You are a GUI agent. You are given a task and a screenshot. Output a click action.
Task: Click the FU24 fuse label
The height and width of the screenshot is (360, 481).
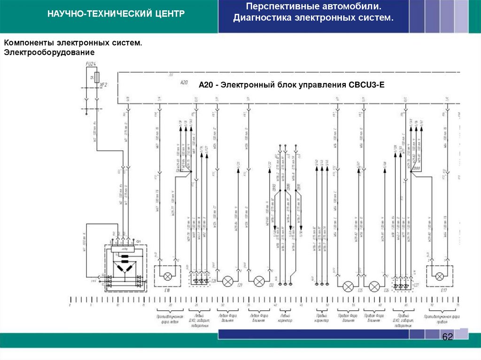(91, 63)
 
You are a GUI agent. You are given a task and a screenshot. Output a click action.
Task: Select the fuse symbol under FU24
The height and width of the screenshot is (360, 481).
(96, 77)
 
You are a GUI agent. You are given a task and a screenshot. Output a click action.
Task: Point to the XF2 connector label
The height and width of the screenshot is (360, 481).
(104, 85)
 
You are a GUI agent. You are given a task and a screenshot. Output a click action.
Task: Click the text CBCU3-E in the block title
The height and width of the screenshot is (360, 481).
(366, 85)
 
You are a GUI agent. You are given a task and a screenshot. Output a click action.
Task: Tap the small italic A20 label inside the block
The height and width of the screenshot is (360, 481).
(184, 83)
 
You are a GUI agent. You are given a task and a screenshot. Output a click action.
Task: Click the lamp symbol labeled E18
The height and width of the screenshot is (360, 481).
(167, 276)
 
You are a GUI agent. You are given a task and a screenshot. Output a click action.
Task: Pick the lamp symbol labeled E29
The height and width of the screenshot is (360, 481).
(227, 281)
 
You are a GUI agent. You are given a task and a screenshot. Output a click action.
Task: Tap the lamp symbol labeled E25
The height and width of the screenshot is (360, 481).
(348, 286)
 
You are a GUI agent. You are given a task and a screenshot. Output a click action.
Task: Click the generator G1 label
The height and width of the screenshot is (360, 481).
(138, 241)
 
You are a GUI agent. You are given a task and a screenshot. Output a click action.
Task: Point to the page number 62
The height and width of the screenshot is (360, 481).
(447, 337)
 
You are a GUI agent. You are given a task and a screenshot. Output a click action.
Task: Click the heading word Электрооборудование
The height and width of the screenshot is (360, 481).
(50, 52)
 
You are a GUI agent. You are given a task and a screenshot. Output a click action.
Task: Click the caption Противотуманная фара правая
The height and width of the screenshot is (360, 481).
(441, 319)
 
